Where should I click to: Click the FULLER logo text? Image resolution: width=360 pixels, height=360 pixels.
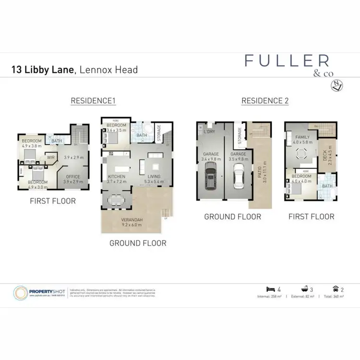(287, 60)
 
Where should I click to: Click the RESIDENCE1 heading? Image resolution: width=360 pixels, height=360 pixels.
(94, 101)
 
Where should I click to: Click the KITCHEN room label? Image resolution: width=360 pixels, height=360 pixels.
(116, 177)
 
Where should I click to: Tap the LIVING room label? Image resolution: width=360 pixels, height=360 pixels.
(155, 177)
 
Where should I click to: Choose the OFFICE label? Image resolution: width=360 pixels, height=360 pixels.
(73, 177)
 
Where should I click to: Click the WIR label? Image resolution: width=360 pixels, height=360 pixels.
(50, 156)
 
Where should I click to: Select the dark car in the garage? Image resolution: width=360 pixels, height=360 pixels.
(210, 176)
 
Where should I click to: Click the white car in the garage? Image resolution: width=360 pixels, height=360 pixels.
(239, 176)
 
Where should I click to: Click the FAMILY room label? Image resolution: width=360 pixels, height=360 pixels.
(302, 137)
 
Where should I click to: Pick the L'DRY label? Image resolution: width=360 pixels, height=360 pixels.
(210, 132)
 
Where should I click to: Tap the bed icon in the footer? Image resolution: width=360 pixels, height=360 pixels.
(270, 289)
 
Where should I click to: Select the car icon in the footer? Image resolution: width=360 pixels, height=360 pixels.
(335, 289)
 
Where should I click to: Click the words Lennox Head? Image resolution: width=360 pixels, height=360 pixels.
(108, 70)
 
